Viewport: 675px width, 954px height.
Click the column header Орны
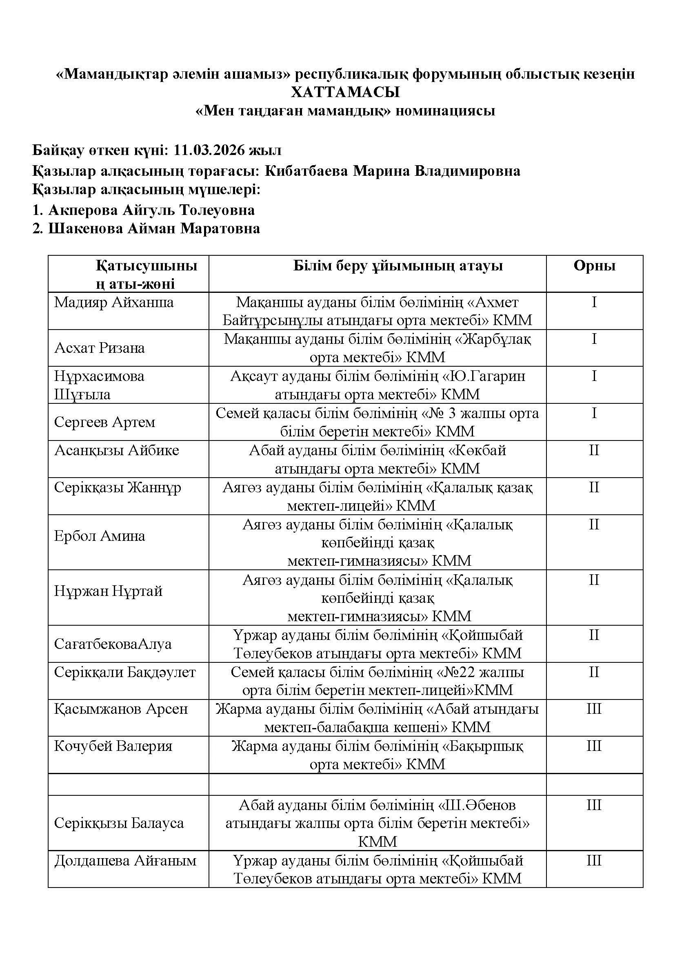point(594,266)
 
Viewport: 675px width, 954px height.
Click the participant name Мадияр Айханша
point(114,302)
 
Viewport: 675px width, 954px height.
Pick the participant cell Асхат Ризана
point(99,348)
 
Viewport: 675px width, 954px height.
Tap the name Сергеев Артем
point(104,422)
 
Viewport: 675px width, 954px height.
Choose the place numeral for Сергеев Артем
point(594,413)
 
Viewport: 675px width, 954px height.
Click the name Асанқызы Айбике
point(116,450)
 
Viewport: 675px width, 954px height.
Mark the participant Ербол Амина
point(99,536)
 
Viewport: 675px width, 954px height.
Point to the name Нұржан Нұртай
point(108,591)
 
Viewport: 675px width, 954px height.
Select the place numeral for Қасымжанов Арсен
point(594,709)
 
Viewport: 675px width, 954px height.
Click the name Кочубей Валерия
point(113,746)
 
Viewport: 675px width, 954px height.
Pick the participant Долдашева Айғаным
point(125,860)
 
